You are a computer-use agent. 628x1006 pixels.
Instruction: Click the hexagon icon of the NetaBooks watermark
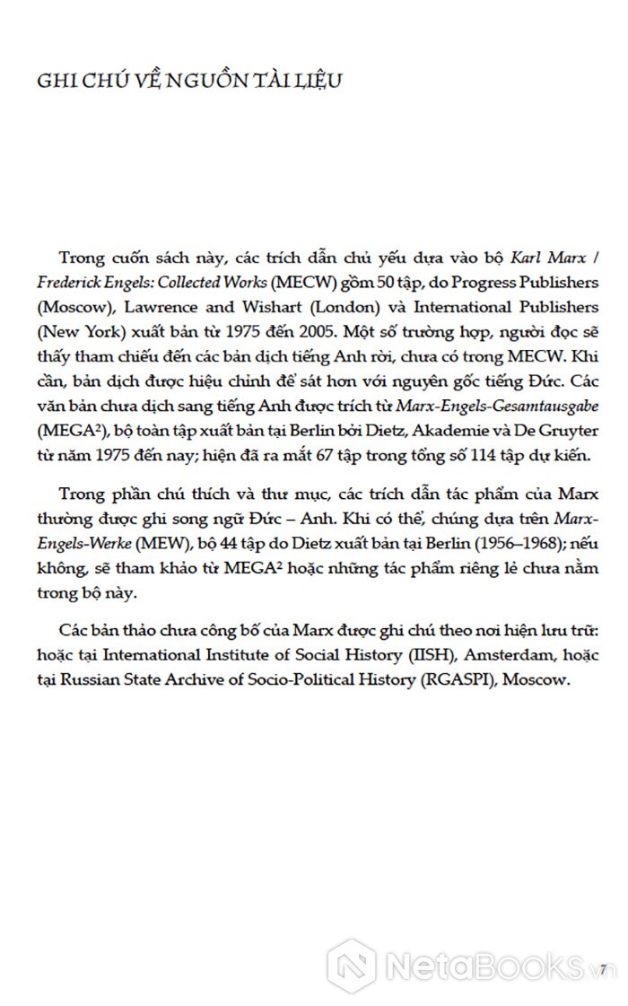tap(352, 967)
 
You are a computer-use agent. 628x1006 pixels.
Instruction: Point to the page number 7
tap(605, 967)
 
